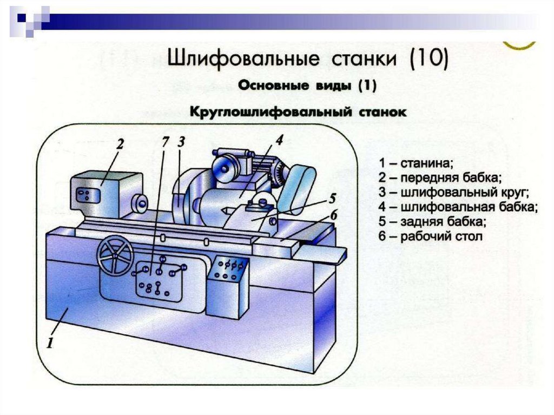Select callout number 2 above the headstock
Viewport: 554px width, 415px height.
(x=120, y=144)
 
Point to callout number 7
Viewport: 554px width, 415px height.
(x=166, y=142)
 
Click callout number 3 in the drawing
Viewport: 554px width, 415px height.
(x=181, y=142)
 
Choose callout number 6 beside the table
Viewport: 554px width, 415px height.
(x=334, y=215)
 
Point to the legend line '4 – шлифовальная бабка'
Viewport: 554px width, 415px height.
(x=458, y=207)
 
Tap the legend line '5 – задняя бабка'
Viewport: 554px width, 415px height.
(x=432, y=221)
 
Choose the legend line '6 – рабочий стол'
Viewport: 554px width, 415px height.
(x=430, y=236)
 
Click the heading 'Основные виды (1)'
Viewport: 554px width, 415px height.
(x=307, y=85)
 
